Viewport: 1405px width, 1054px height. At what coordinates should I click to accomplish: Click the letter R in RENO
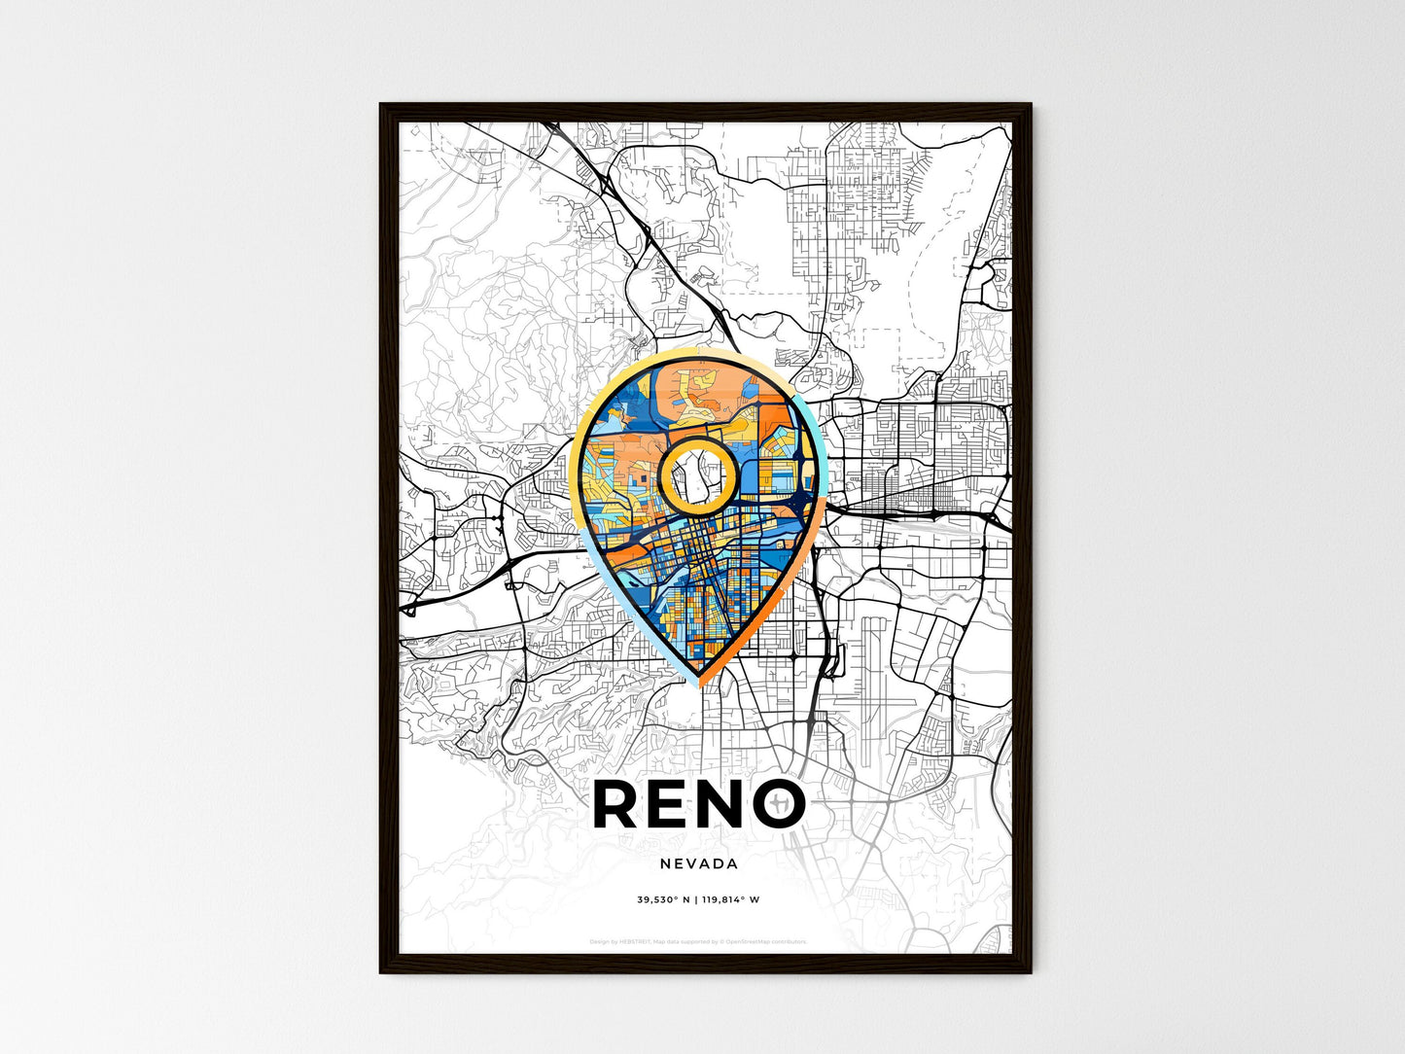click(616, 804)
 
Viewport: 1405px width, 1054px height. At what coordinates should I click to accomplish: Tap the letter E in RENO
click(670, 804)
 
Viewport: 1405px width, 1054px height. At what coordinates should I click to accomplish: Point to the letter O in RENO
click(778, 804)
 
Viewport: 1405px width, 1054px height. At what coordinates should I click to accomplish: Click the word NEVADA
click(698, 863)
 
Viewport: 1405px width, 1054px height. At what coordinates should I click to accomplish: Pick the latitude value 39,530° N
click(663, 899)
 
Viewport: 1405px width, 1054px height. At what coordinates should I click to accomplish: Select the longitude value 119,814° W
click(730, 899)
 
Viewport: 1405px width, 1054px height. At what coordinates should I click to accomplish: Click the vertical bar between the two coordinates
click(695, 899)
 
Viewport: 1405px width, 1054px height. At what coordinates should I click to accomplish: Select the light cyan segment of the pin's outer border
click(817, 428)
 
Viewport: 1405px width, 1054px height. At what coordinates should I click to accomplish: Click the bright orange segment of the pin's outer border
click(768, 613)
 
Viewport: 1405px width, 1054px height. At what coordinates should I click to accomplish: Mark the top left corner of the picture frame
click(381, 105)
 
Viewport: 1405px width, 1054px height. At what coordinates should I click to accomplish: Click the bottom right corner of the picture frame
click(1030, 971)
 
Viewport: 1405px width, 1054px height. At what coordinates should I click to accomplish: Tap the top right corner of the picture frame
click(1030, 105)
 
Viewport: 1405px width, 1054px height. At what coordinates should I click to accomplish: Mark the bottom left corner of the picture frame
click(381, 971)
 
